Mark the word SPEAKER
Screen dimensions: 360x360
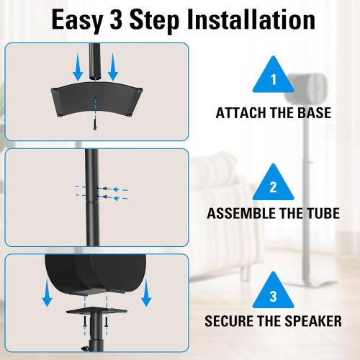(309, 321)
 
